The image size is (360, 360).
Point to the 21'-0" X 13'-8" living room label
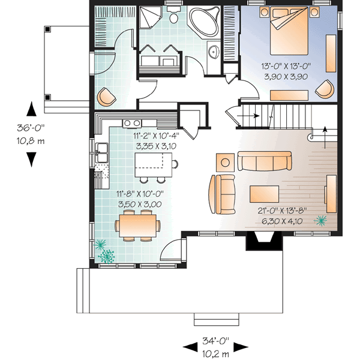(x=283, y=215)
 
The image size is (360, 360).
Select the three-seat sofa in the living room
(x=265, y=161)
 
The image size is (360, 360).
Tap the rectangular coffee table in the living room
(x=265, y=193)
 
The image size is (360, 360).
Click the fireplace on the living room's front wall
(x=263, y=240)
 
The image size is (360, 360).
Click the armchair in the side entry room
(x=106, y=95)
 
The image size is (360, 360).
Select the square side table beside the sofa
(x=226, y=161)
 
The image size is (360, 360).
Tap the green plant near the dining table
(x=106, y=254)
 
